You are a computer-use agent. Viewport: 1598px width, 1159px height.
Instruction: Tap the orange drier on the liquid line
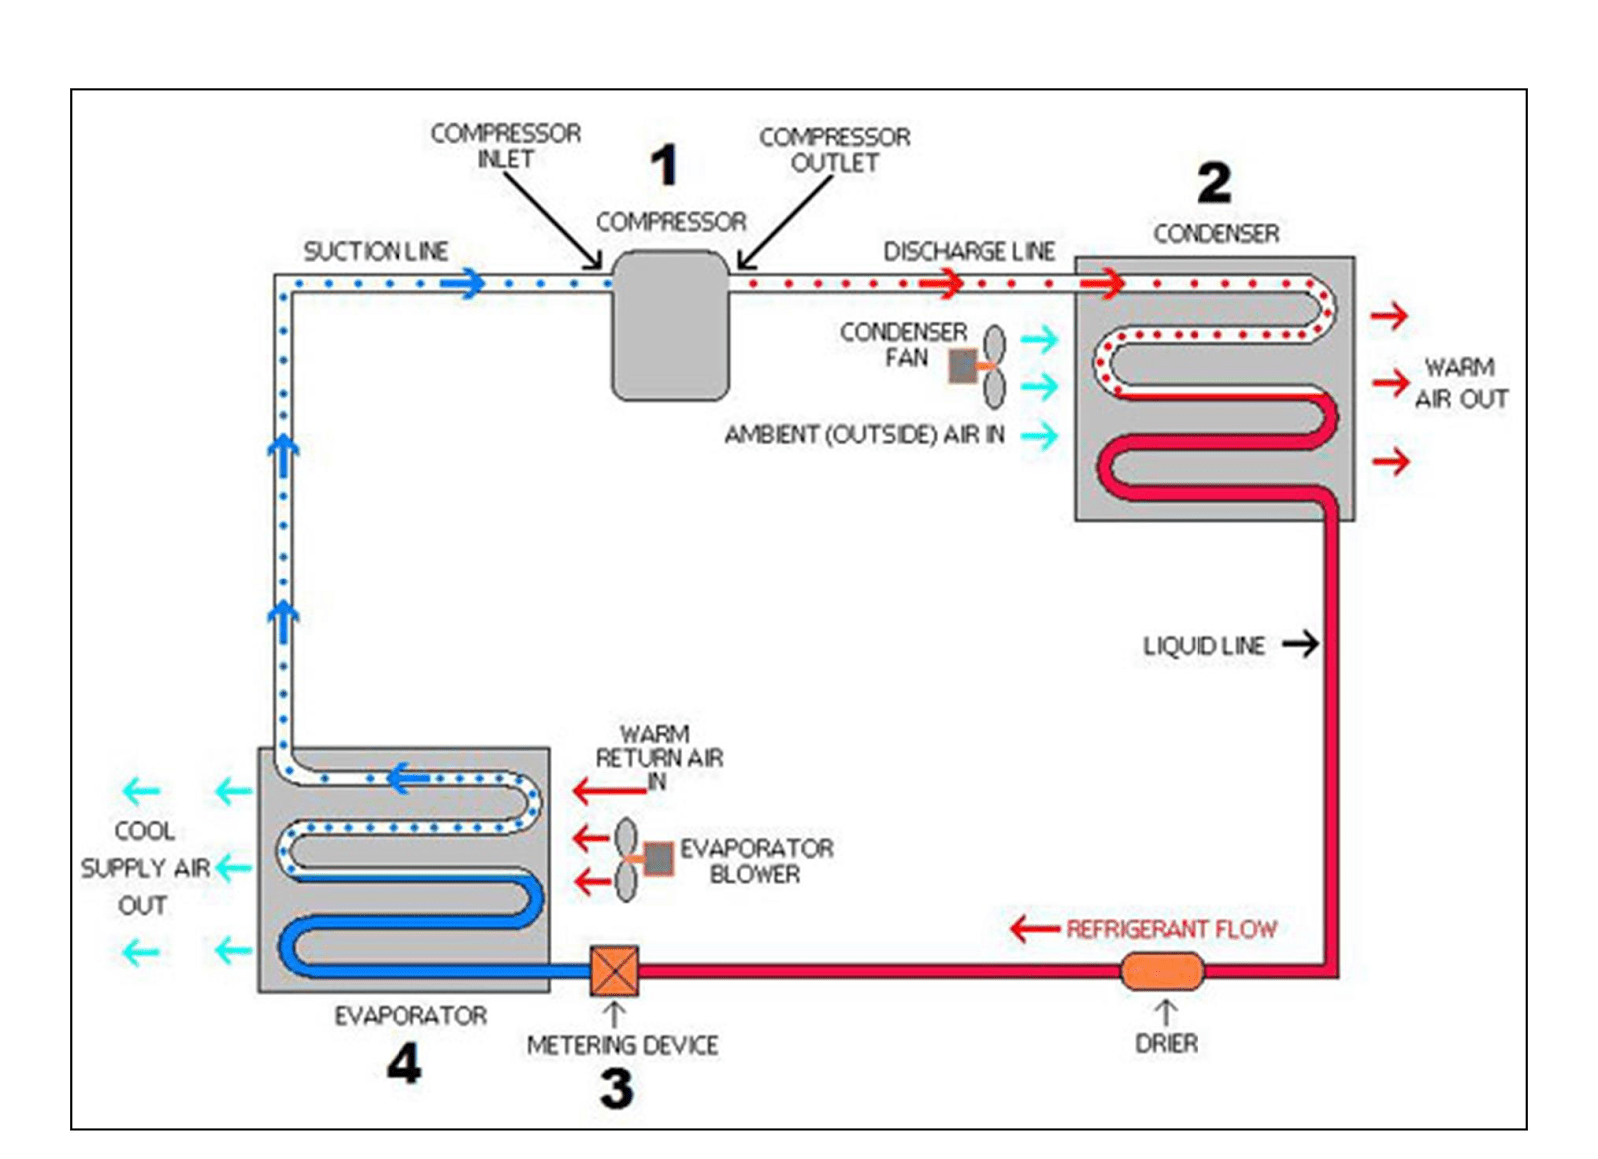click(x=1163, y=971)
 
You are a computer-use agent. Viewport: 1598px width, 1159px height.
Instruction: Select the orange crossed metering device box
click(x=614, y=971)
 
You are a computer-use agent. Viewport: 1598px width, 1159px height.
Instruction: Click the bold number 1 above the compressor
click(x=664, y=165)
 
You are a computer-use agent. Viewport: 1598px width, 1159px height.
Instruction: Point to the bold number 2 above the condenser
click(x=1214, y=183)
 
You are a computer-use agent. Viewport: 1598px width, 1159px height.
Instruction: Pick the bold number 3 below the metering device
click(x=616, y=1089)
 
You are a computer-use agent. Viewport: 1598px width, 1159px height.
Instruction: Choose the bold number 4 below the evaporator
click(x=403, y=1064)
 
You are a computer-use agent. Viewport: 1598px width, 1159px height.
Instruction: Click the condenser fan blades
click(x=994, y=367)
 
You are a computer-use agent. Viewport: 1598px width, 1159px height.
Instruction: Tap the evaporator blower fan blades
click(x=626, y=860)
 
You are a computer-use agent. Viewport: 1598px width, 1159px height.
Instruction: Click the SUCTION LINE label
click(x=376, y=251)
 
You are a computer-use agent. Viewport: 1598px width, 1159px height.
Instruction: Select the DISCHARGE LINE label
click(x=969, y=251)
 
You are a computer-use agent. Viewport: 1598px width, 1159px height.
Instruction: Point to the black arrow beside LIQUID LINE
click(x=1300, y=644)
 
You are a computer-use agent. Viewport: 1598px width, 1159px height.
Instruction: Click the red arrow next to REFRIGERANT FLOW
click(x=1034, y=929)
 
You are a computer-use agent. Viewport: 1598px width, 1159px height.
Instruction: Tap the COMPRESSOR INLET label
click(x=505, y=146)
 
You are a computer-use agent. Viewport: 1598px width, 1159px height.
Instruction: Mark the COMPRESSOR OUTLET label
click(x=835, y=150)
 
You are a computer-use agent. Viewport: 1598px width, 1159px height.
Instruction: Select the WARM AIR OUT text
click(x=1460, y=383)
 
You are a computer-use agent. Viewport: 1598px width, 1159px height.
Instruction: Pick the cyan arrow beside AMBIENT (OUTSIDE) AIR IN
click(x=1039, y=435)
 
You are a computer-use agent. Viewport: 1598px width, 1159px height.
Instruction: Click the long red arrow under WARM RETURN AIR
click(x=609, y=792)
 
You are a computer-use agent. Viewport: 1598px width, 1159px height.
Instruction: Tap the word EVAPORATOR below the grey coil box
click(x=410, y=1016)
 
